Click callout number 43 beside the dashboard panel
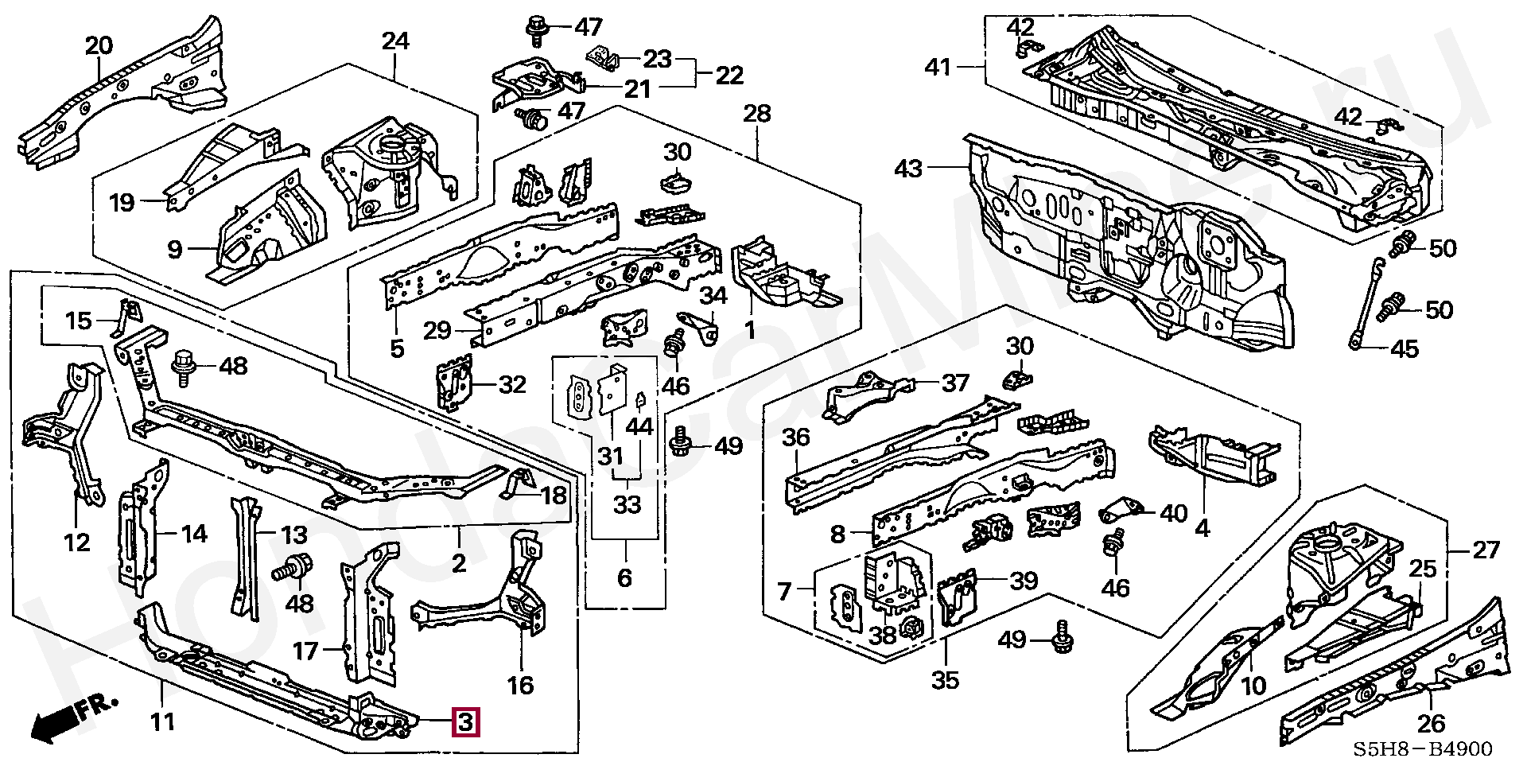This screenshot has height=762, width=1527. (908, 169)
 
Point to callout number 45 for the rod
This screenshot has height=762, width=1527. (1406, 348)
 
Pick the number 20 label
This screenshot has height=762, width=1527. (99, 46)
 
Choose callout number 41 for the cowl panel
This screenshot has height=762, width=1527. (938, 67)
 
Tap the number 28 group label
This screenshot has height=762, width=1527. (756, 114)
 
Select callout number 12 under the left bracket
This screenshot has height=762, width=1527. (77, 542)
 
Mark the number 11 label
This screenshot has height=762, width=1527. (163, 722)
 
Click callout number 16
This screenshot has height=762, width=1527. (521, 685)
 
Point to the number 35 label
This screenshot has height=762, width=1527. (946, 679)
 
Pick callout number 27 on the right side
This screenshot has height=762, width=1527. (1486, 550)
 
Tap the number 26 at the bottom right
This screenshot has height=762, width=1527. (1431, 724)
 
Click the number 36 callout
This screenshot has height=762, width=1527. (795, 437)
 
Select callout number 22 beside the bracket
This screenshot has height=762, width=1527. (729, 75)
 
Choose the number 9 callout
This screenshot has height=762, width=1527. (175, 250)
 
